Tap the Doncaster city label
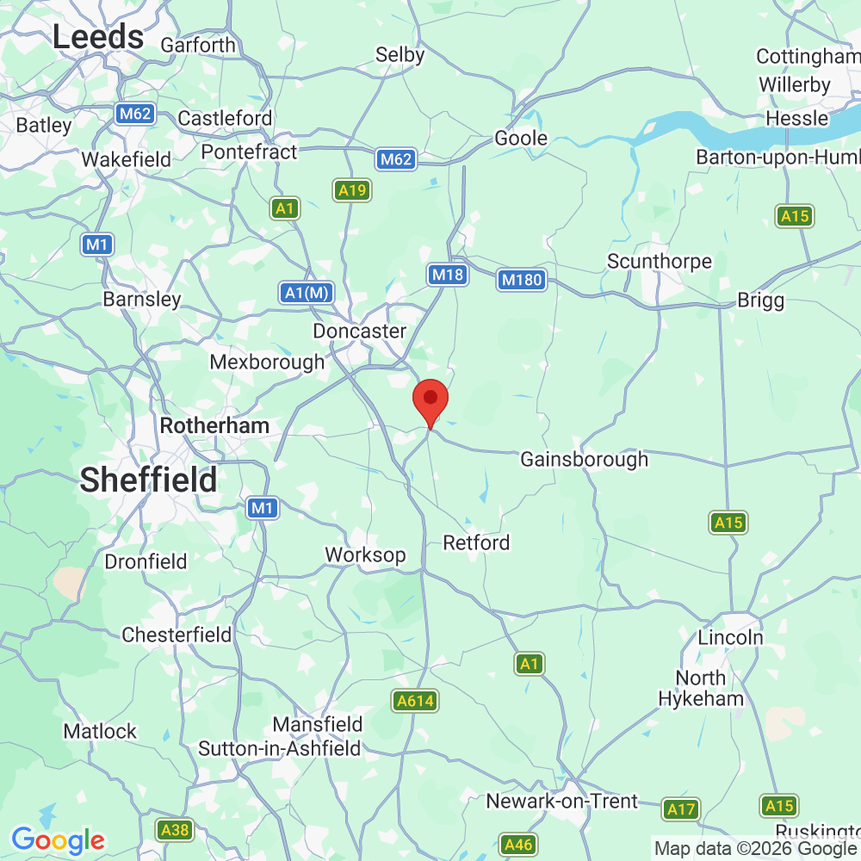click(359, 331)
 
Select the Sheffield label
click(149, 480)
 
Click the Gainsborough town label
click(584, 460)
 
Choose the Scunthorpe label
click(660, 261)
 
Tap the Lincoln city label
click(730, 638)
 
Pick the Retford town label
click(476, 542)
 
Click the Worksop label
click(365, 554)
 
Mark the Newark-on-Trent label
click(562, 802)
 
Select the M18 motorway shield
click(447, 275)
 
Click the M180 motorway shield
click(522, 280)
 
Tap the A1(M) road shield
click(307, 293)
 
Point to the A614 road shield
click(415, 702)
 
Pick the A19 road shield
click(352, 191)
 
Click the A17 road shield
click(681, 809)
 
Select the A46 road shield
click(518, 845)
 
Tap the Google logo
click(58, 839)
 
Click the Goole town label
click(521, 139)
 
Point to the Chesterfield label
click(177, 635)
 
